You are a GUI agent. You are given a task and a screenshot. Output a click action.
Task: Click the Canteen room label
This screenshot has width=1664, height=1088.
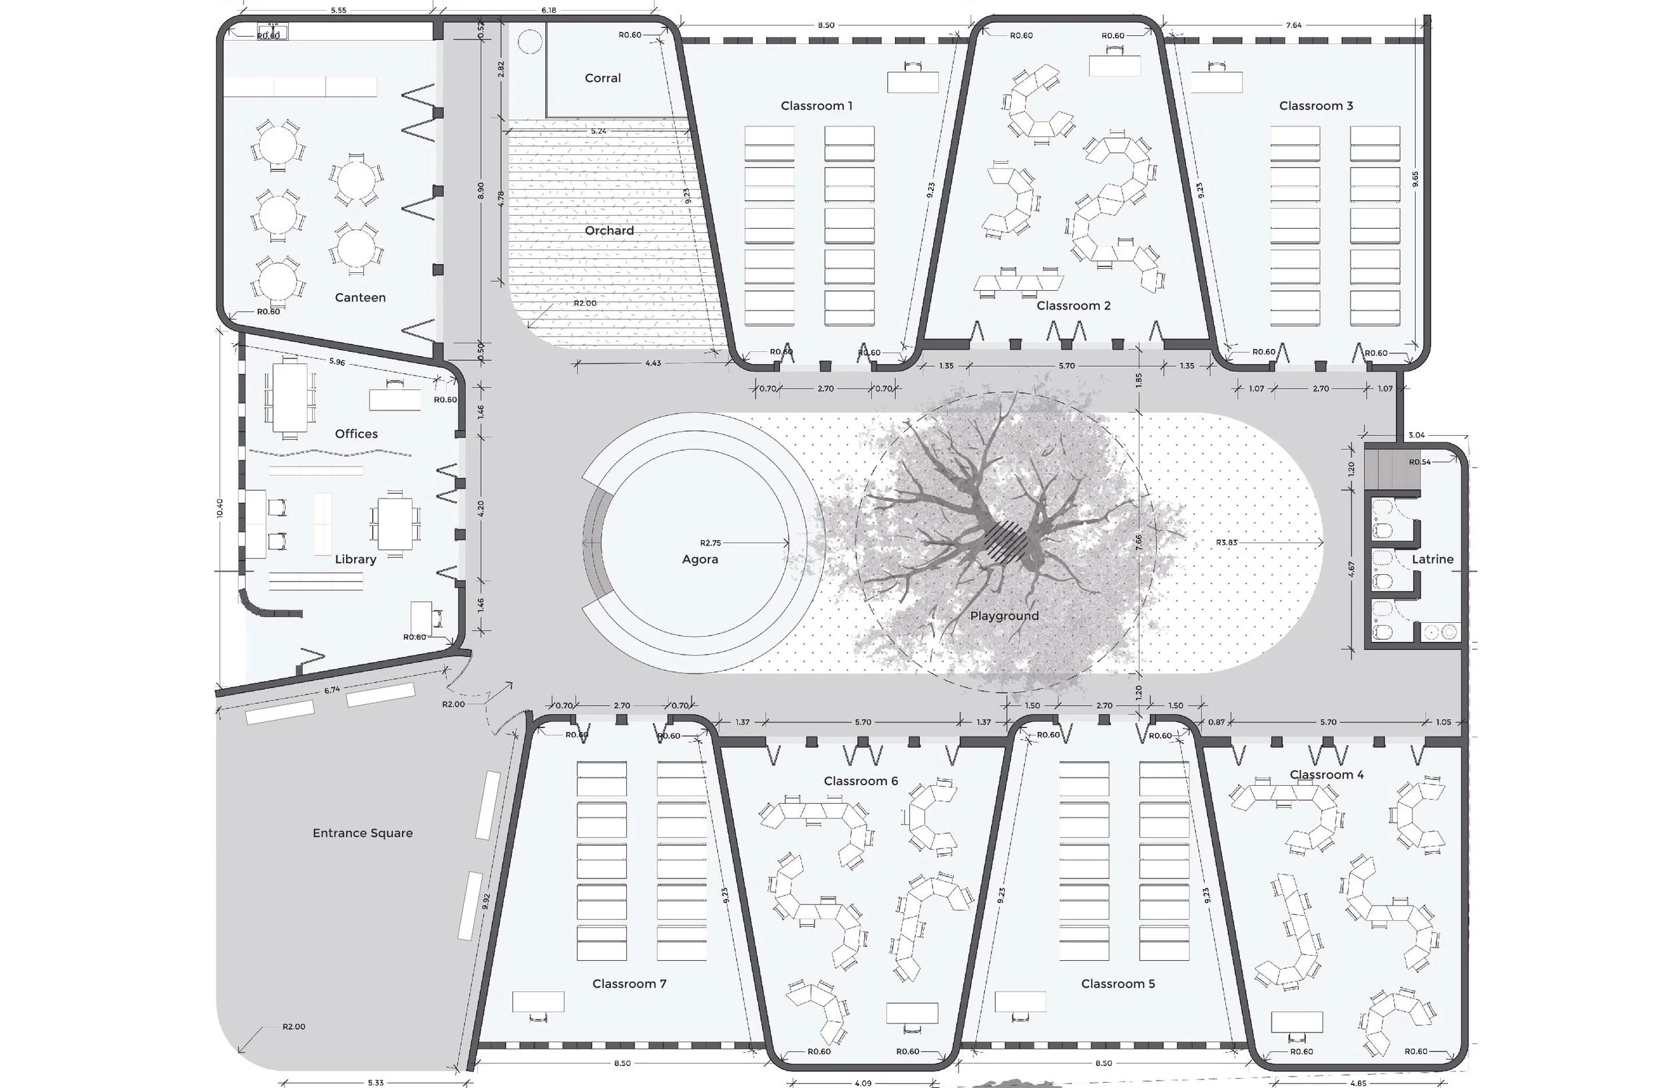[x=360, y=297]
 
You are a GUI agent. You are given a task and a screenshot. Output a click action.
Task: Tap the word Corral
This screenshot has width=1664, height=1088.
[x=602, y=79]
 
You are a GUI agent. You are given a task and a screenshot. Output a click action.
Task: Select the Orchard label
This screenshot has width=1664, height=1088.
[x=609, y=231]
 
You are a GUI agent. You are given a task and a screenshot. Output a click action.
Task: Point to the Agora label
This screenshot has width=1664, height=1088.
[x=700, y=559]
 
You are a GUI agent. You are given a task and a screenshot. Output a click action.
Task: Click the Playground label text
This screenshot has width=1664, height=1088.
[x=1004, y=616]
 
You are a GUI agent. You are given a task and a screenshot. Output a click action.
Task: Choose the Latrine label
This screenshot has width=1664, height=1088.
[x=1432, y=559]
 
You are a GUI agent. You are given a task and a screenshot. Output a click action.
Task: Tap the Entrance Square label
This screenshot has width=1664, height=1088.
[x=362, y=833]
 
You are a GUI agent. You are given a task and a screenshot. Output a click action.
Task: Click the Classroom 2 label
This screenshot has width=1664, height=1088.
[x=1073, y=305]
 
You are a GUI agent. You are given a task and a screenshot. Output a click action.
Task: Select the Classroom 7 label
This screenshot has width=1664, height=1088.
[x=629, y=984]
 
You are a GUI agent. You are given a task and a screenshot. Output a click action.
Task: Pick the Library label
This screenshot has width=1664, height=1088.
[x=355, y=559]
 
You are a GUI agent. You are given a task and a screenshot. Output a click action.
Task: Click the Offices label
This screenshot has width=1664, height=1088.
[x=356, y=434]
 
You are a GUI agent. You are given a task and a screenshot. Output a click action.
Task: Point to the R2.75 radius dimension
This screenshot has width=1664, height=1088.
[x=710, y=543]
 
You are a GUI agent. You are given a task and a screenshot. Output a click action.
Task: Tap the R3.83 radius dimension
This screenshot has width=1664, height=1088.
[x=1226, y=542]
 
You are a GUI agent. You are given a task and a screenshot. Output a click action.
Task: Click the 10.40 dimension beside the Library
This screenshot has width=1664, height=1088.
[x=220, y=508]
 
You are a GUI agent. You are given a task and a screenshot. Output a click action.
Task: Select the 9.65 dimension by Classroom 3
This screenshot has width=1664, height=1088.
[x=1415, y=180]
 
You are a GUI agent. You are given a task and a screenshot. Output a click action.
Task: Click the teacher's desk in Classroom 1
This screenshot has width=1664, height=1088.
[x=913, y=82]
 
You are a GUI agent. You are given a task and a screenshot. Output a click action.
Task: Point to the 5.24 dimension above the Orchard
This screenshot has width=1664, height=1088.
[x=598, y=131]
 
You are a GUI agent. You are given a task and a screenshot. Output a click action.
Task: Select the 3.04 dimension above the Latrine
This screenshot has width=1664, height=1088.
[x=1416, y=435]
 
